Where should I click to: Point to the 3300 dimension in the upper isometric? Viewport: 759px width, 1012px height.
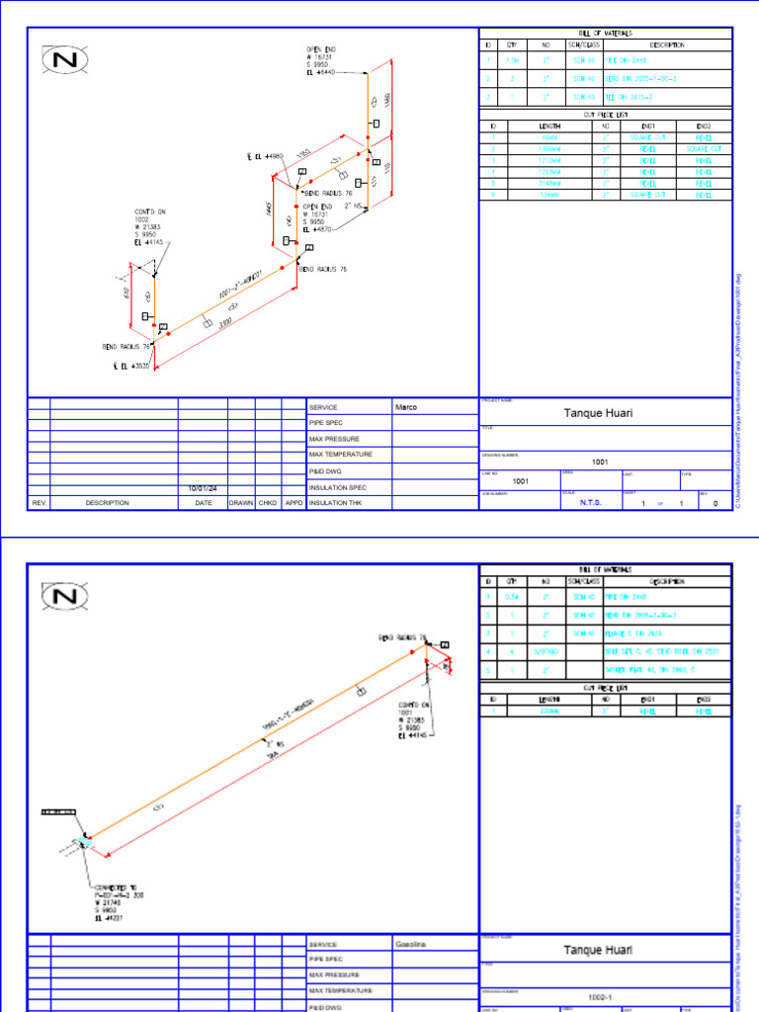tap(225, 323)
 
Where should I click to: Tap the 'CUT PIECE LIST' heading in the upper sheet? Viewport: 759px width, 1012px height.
tap(606, 114)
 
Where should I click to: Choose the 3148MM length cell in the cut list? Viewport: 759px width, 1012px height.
tap(549, 184)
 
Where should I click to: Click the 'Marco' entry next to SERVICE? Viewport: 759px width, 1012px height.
tap(406, 407)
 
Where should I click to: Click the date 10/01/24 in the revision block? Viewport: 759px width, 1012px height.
tap(202, 488)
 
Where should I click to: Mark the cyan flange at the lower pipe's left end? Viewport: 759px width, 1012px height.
tap(81, 843)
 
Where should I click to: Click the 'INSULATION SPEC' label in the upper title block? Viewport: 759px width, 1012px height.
tap(337, 487)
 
